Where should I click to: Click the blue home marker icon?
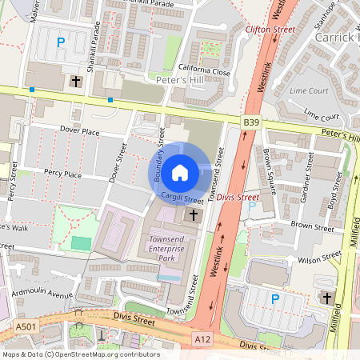[180, 171]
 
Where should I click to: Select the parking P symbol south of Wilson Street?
[274, 299]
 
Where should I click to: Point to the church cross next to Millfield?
[326, 298]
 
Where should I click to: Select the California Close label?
[204, 71]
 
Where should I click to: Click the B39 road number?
[253, 121]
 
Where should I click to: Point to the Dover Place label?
[79, 130]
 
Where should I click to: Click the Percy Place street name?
[62, 174]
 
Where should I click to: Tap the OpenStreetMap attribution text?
[80, 354]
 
